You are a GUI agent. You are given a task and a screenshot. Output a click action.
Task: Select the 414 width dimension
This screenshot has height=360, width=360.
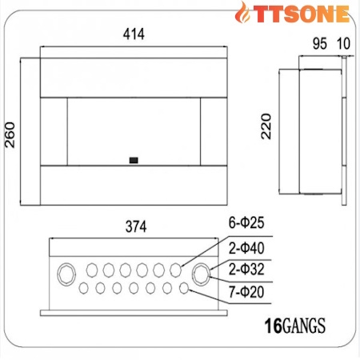(134, 35)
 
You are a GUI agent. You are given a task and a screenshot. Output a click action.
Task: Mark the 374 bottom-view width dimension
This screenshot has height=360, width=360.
(137, 226)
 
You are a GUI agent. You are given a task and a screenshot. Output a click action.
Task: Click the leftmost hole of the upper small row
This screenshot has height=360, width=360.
(92, 269)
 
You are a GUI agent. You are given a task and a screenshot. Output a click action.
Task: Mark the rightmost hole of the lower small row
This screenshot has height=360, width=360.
(184, 287)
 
